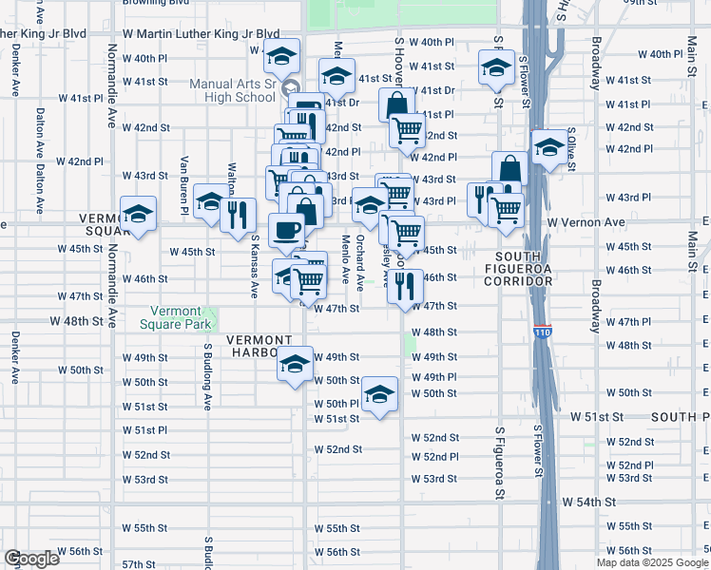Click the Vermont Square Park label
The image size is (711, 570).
tap(180, 317)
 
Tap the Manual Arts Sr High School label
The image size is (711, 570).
tap(232, 90)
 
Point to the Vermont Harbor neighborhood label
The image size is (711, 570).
tap(259, 340)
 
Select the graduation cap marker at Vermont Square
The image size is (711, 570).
tap(139, 216)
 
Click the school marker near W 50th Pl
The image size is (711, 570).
tap(379, 394)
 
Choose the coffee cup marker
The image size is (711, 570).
tap(287, 230)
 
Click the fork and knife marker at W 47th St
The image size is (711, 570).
tap(406, 286)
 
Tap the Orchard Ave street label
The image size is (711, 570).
tap(359, 262)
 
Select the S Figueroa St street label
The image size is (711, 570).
tap(498, 463)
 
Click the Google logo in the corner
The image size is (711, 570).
tap(31, 559)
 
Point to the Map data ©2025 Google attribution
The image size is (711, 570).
tap(651, 562)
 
